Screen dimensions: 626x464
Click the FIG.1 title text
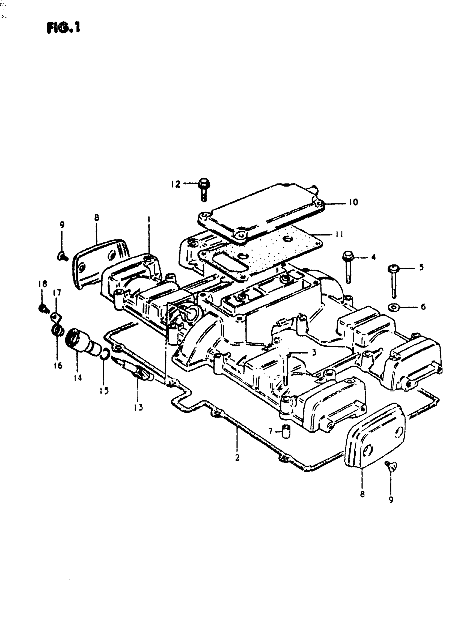pyautogui.click(x=64, y=28)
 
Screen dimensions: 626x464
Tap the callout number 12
pyautogui.click(x=176, y=184)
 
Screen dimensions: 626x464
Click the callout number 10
pyautogui.click(x=353, y=202)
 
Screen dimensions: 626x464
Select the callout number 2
pyautogui.click(x=237, y=458)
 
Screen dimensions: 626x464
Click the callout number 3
pyautogui.click(x=314, y=352)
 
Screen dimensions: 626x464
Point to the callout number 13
pyautogui.click(x=138, y=407)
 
